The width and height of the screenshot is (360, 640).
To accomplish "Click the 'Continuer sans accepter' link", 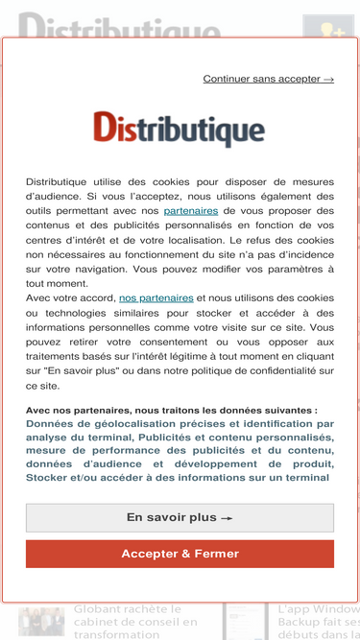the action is (x=268, y=79).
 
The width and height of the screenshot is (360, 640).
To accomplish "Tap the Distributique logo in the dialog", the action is (x=180, y=129).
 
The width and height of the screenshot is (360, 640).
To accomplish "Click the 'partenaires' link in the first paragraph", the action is (x=190, y=210).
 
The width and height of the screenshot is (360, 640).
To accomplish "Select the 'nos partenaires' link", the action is (x=156, y=298).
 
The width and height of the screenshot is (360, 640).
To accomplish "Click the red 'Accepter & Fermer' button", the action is (x=180, y=554).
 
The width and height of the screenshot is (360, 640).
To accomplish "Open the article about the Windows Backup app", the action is (x=318, y=622).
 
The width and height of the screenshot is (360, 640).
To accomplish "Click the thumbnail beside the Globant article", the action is (x=41, y=622).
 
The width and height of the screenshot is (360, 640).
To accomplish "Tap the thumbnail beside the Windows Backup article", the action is (x=245, y=622).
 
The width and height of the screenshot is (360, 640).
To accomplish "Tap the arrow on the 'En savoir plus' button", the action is (x=228, y=518).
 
